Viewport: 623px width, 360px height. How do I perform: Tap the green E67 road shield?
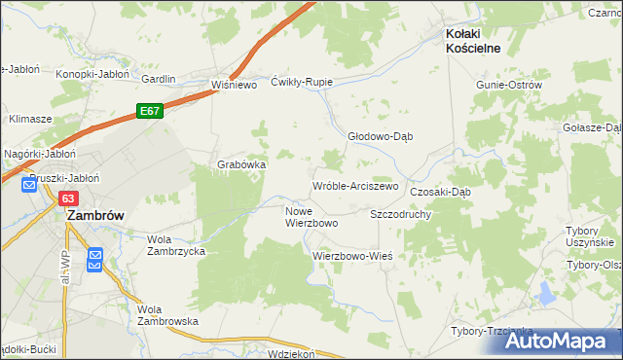click(x=149, y=112)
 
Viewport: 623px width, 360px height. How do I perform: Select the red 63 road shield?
click(x=67, y=198)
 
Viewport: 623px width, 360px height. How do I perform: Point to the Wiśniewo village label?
click(x=233, y=85)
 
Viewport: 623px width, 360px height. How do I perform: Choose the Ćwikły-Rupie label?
click(x=302, y=82)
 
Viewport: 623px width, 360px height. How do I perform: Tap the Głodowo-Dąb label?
click(x=381, y=136)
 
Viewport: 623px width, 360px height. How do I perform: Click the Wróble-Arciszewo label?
click(x=355, y=186)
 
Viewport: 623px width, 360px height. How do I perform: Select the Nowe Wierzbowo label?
click(x=311, y=217)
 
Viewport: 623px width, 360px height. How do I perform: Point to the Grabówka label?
click(x=241, y=164)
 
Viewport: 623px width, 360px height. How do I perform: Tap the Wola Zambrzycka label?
click(x=175, y=244)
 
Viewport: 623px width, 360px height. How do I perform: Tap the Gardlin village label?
click(x=159, y=79)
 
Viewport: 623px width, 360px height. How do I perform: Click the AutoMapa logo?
click(x=561, y=340)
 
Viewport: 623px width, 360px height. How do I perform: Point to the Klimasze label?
click(x=30, y=118)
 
